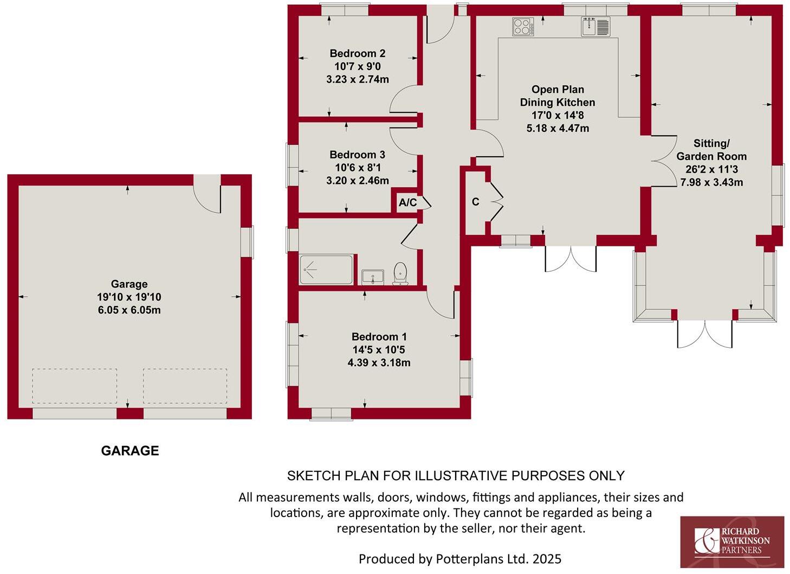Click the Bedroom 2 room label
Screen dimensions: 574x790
[357, 53]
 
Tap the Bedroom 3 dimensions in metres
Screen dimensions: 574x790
[357, 181]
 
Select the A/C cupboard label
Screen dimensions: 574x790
[407, 203]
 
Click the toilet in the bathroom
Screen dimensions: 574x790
[400, 273]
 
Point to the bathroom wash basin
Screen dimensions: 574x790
[373, 277]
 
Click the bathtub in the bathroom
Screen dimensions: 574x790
[326, 270]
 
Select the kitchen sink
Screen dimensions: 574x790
[595, 26]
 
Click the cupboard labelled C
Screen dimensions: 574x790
[475, 202]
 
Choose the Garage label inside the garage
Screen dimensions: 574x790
[129, 284]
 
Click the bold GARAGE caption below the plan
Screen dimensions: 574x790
[130, 451]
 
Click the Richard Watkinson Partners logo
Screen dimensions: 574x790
[731, 541]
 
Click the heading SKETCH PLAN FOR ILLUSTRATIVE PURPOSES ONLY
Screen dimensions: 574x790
[456, 476]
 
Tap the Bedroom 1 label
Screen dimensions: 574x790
[379, 336]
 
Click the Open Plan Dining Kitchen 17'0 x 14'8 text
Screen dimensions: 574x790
[558, 115]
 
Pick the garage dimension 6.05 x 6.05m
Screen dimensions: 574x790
[129, 310]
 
